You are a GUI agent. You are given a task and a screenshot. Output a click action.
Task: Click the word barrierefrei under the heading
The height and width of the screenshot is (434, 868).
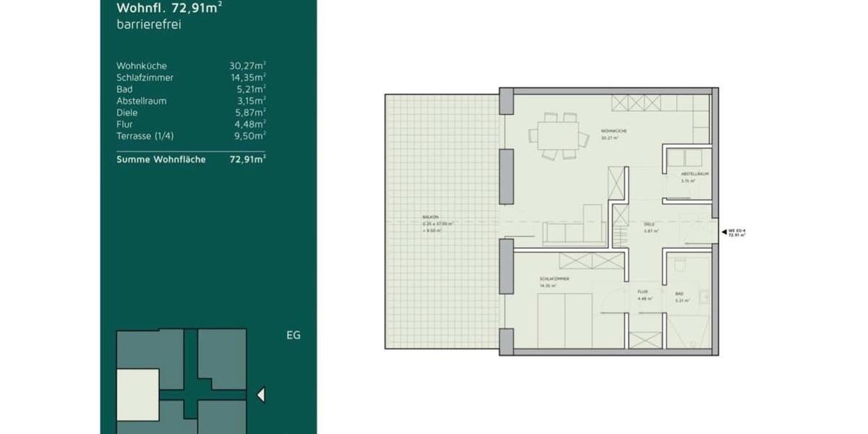[x=148, y=24]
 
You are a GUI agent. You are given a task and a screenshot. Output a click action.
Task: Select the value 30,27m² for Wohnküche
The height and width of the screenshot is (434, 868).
[x=247, y=66]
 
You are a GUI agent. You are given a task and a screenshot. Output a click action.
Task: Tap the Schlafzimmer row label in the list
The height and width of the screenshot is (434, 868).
[x=145, y=77]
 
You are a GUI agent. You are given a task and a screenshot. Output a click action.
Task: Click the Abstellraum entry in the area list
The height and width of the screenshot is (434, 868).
[x=141, y=101]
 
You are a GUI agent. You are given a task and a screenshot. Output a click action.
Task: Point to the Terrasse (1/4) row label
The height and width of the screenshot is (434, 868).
[x=145, y=135]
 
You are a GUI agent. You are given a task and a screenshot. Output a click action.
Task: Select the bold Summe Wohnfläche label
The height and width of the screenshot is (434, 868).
[x=161, y=159]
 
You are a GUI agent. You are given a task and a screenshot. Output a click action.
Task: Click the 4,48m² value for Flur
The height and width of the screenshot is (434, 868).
[x=250, y=124]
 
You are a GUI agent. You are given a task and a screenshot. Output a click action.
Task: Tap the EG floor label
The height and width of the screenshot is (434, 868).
[x=293, y=335]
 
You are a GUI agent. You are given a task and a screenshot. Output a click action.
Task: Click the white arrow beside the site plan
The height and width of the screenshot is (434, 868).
[x=261, y=395]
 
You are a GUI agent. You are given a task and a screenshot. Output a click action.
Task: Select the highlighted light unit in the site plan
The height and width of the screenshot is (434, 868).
[x=137, y=394]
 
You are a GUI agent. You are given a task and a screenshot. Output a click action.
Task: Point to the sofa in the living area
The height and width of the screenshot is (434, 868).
[x=564, y=233]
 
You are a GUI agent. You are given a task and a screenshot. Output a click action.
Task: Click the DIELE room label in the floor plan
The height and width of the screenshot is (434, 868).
[x=649, y=224]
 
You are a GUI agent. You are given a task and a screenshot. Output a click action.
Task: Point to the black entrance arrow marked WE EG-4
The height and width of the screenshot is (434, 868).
[x=724, y=231]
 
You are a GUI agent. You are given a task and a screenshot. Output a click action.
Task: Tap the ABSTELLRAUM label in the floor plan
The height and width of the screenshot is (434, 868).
[x=694, y=174]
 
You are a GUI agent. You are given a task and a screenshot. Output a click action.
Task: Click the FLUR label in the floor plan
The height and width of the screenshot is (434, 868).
[x=642, y=293]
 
